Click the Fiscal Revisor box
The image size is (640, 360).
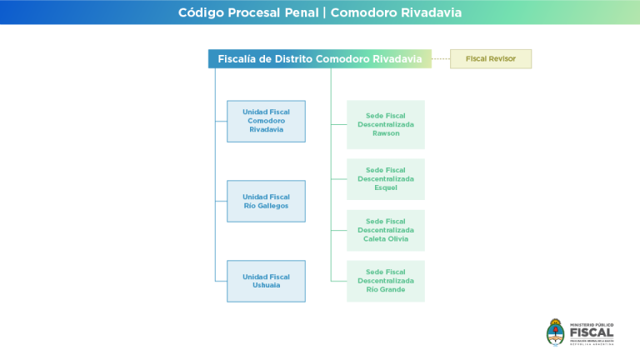point(490,59)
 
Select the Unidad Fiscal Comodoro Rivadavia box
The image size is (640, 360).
point(266,121)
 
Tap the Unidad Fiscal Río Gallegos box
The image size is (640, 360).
point(266,201)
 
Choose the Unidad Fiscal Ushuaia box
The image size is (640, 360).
point(266,281)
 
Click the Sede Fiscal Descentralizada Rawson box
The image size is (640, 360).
point(386,124)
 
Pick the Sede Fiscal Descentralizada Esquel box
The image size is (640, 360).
point(386,179)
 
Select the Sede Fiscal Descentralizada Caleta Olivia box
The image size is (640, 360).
point(386,230)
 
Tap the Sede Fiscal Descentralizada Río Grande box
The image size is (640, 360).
point(386,281)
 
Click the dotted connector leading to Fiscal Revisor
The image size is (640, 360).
point(441,59)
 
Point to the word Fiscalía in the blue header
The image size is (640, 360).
point(237,59)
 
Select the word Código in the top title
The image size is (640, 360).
point(200,12)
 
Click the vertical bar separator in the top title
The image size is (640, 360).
point(325,12)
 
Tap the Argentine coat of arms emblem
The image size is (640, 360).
point(555,331)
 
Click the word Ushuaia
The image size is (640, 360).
point(266,285)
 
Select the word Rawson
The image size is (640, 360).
point(386,133)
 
